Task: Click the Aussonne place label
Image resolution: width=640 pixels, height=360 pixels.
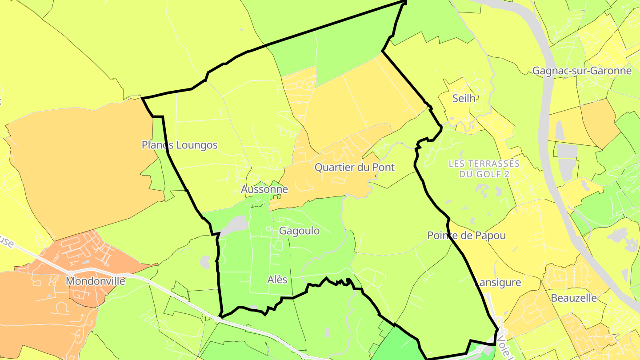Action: tap(264, 189)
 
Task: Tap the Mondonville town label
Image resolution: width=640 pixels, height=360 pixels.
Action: tap(96, 281)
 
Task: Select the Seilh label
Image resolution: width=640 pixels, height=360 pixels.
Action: tap(464, 98)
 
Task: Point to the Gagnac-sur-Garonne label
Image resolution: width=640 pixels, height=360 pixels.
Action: tap(582, 71)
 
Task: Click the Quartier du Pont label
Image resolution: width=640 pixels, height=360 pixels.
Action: tap(355, 168)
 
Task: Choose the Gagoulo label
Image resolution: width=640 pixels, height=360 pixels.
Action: tap(299, 231)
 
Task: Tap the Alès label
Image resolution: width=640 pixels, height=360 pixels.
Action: tap(277, 280)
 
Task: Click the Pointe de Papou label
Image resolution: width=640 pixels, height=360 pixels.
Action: tap(467, 236)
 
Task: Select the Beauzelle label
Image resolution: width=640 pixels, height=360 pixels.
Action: tap(574, 298)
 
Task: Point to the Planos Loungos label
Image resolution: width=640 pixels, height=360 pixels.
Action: tap(180, 145)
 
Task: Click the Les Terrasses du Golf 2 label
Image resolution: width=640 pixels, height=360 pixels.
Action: tap(484, 168)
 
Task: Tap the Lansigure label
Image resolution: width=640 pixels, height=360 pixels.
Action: tap(498, 282)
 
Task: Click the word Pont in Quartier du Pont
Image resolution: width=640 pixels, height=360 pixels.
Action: tap(384, 168)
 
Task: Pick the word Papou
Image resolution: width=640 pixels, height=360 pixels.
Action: tap(492, 236)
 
